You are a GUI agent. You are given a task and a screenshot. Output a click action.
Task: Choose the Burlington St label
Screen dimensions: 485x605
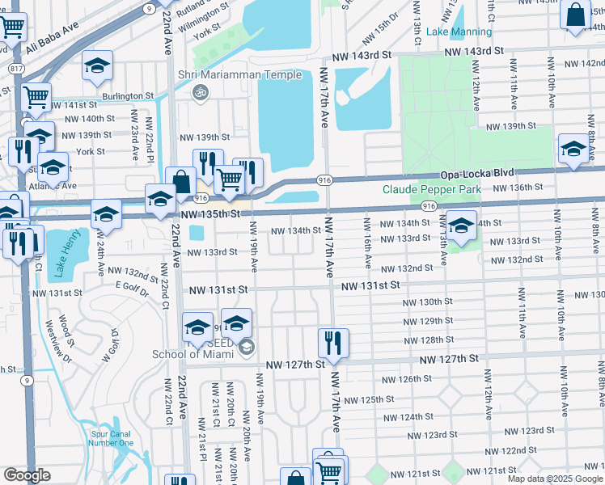click(x=127, y=95)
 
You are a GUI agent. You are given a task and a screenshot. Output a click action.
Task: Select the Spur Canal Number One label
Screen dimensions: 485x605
click(x=110, y=437)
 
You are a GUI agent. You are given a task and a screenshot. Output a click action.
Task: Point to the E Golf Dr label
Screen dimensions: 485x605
click(x=133, y=285)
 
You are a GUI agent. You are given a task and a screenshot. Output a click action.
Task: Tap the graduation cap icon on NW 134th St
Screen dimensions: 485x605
click(x=461, y=226)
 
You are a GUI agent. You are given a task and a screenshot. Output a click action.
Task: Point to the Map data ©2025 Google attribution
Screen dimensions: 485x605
click(x=555, y=479)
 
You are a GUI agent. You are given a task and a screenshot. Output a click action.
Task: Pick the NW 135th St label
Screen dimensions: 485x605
click(x=210, y=215)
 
